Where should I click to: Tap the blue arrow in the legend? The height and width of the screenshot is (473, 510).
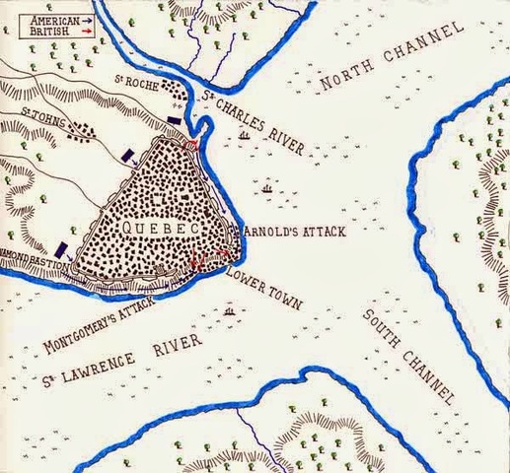[86, 19]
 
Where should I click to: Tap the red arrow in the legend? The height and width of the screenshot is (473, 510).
[86, 31]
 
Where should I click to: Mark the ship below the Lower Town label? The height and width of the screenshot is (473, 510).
[230, 313]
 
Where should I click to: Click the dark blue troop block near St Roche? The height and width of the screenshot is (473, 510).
[175, 119]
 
